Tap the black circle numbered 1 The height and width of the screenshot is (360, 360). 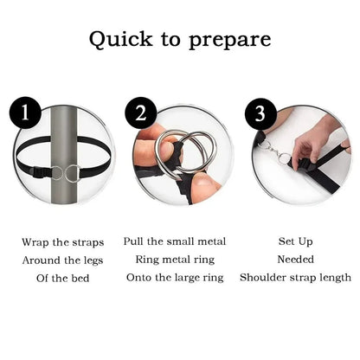tap(25, 113)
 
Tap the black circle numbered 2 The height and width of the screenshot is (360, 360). tap(142, 113)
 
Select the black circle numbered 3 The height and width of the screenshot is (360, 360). tap(260, 113)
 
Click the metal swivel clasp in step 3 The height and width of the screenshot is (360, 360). tap(277, 156)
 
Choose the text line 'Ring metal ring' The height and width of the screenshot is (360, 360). tap(179, 259)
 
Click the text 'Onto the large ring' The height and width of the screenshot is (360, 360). tap(179, 277)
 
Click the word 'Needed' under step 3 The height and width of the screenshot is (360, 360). tap(295, 259)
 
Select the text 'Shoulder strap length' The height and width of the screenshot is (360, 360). tap(295, 277)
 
